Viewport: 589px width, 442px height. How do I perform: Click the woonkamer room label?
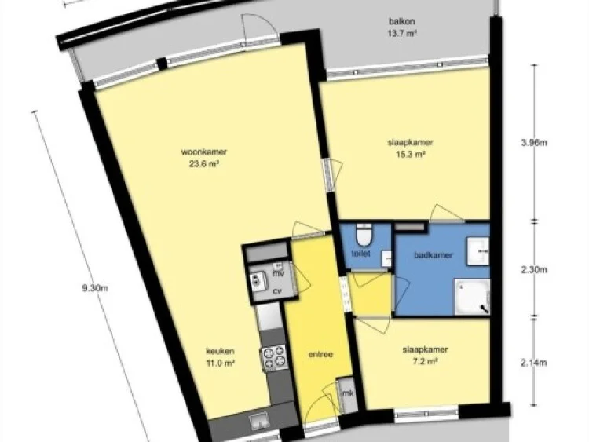pyautogui.click(x=199, y=152)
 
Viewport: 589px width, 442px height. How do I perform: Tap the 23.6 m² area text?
pyautogui.click(x=199, y=164)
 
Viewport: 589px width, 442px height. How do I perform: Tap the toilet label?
pyautogui.click(x=362, y=253)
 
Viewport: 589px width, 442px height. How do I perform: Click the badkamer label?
pyautogui.click(x=431, y=254)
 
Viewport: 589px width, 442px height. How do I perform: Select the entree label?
pyautogui.click(x=320, y=354)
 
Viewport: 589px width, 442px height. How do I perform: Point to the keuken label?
pyautogui.click(x=221, y=351)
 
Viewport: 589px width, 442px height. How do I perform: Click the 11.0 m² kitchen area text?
pyautogui.click(x=221, y=363)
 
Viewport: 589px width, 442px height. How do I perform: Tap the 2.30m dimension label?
pyautogui.click(x=534, y=269)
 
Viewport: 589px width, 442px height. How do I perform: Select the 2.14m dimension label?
pyautogui.click(x=534, y=362)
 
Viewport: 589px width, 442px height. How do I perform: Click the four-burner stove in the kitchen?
pyautogui.click(x=273, y=358)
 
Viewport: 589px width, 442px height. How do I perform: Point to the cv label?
pyautogui.click(x=277, y=290)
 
